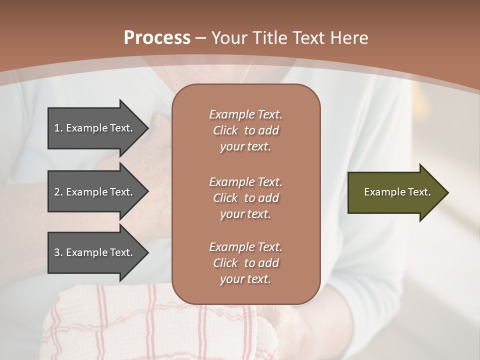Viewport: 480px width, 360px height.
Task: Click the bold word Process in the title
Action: (157, 38)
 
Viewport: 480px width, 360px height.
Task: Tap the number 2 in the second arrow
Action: (57, 192)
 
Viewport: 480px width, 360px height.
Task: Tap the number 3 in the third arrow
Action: (57, 252)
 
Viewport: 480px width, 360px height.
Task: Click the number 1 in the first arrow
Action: (57, 128)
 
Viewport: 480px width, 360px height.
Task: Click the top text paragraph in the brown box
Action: (245, 130)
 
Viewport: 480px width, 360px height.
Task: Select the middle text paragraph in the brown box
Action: (245, 198)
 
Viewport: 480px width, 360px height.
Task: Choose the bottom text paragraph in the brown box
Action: (245, 263)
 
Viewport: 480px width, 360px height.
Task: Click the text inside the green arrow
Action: (397, 192)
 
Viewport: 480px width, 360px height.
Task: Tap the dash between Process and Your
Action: (200, 38)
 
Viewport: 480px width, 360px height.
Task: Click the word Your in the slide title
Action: (230, 38)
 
